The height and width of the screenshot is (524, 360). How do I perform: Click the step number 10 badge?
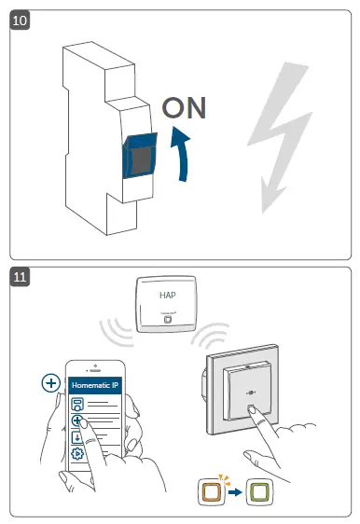[20, 21]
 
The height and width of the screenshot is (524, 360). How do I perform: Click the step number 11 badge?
[20, 277]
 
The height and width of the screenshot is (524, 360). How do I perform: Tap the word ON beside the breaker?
[184, 108]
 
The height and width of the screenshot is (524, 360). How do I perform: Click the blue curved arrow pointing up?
[181, 154]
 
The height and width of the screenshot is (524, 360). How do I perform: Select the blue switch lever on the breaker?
[140, 156]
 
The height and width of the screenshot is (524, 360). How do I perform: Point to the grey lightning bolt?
[280, 137]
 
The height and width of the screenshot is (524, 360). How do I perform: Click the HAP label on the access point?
[168, 295]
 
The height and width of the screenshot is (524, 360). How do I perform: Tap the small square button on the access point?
[168, 319]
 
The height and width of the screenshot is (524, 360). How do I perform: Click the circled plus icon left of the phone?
[50, 383]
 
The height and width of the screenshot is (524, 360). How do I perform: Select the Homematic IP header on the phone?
[95, 385]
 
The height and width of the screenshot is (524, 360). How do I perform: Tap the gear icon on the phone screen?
[77, 453]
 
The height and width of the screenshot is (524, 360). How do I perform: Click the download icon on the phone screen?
[76, 437]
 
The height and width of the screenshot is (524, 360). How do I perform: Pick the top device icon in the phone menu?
[77, 404]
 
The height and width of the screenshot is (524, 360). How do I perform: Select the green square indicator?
[259, 491]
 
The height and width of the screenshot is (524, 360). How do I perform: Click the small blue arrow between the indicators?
[235, 492]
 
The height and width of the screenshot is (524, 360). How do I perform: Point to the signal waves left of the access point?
[116, 332]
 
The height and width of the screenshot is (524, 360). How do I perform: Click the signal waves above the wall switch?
[209, 334]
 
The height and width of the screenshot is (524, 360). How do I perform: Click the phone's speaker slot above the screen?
[95, 370]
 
